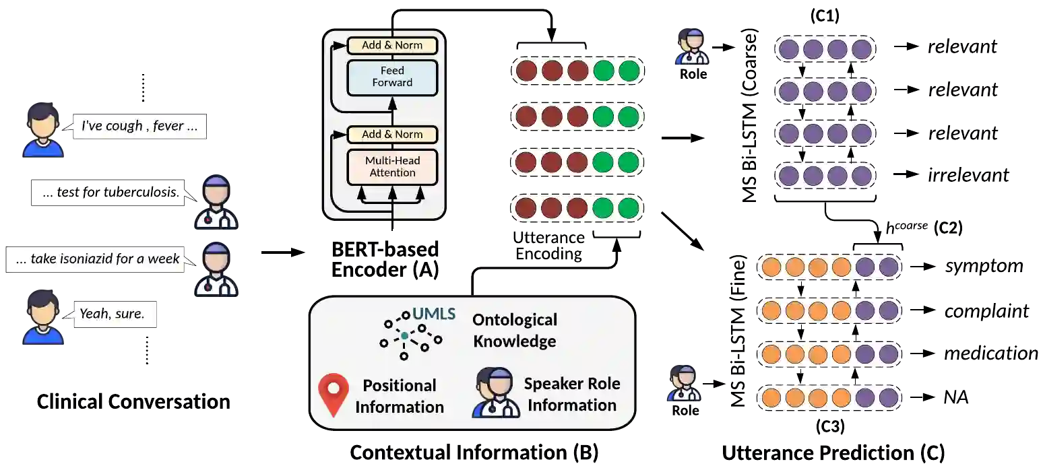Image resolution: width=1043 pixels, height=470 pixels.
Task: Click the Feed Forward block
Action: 392,77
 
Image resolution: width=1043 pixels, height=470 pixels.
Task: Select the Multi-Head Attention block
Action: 392,167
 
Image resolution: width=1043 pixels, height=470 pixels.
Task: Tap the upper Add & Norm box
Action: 392,45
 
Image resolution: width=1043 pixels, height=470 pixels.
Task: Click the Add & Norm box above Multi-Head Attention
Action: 392,134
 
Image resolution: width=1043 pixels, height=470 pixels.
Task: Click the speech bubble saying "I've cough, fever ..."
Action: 139,126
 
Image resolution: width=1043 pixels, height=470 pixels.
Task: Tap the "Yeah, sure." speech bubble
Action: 113,313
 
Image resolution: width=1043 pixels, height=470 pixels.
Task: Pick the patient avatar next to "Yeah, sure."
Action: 43,316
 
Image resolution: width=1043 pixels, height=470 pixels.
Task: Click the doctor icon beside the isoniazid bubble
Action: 216,269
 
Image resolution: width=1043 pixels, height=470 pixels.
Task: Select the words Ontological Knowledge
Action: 515,330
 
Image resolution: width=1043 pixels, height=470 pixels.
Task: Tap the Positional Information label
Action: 400,396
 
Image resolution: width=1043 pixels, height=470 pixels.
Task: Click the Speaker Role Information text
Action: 572,394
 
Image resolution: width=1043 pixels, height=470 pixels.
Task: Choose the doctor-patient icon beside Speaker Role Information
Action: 496,393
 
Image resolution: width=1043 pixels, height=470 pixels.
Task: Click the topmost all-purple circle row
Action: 825,49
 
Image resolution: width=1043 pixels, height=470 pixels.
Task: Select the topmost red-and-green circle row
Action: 577,71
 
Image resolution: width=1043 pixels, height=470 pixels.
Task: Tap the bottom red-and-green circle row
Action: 577,208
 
